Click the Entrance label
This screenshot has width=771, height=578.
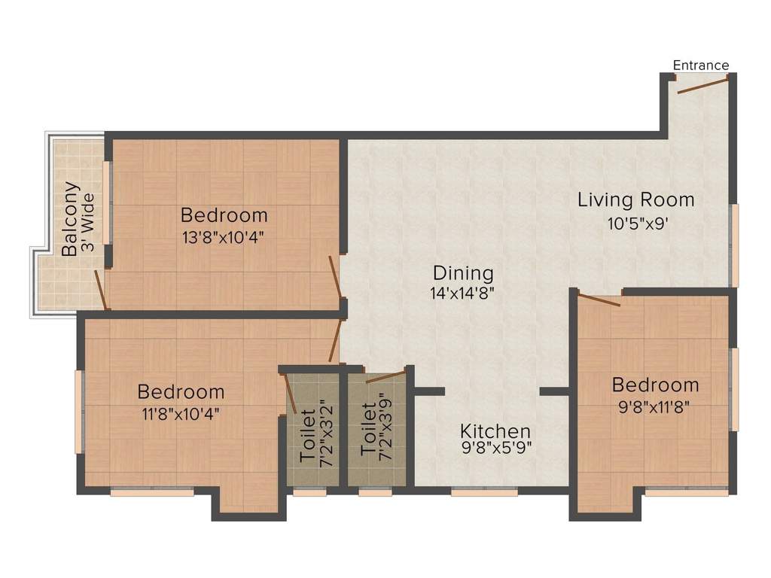click(700, 65)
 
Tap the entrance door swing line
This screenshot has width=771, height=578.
click(703, 84)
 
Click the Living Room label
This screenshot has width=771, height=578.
click(636, 200)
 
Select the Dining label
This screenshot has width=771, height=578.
click(463, 273)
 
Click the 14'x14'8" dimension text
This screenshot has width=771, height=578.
click(463, 294)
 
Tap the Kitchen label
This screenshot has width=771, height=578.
click(495, 432)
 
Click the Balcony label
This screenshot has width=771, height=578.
click(70, 219)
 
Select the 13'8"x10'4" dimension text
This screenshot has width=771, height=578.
click(224, 238)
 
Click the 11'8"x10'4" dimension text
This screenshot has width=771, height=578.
click(181, 413)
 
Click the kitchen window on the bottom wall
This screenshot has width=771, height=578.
click(484, 492)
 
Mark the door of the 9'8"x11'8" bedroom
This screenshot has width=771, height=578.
click(599, 300)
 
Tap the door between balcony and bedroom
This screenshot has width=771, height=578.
click(100, 289)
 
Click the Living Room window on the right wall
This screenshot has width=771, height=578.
click(734, 245)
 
